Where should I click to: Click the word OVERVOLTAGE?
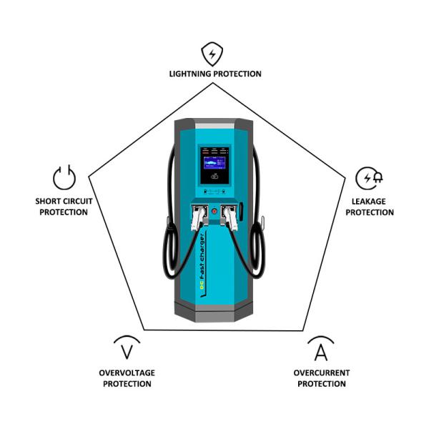pyautogui.click(x=127, y=373)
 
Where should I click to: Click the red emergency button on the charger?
pyautogui.click(x=214, y=212)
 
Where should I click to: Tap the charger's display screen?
pyautogui.click(x=214, y=167)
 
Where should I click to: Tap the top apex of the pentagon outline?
pyautogui.click(x=213, y=83)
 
